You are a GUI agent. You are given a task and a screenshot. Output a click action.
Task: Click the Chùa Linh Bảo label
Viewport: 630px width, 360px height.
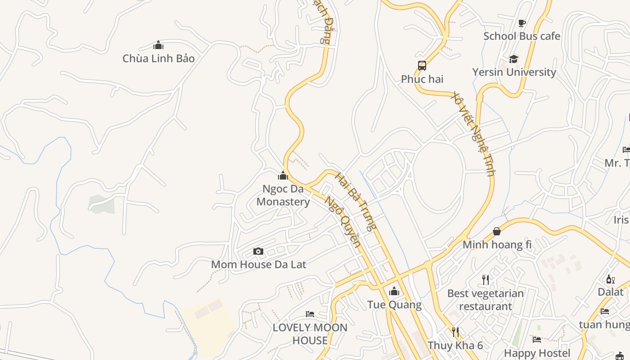pyautogui.click(x=158, y=58)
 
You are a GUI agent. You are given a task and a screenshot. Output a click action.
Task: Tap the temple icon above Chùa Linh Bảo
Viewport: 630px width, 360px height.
pyautogui.click(x=158, y=45)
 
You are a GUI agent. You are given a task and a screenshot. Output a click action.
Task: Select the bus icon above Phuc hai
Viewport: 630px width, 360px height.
pyautogui.click(x=422, y=66)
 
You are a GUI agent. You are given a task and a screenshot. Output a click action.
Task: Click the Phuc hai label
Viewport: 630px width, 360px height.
pyautogui.click(x=422, y=79)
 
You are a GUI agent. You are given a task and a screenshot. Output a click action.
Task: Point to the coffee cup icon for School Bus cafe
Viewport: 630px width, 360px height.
pyautogui.click(x=522, y=23)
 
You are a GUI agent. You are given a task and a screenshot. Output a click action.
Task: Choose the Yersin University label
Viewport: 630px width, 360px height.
pyautogui.click(x=514, y=72)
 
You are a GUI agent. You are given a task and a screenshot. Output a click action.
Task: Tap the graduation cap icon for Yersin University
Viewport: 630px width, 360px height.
pyautogui.click(x=513, y=59)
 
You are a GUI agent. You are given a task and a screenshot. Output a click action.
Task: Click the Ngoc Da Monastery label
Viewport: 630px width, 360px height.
pyautogui.click(x=283, y=195)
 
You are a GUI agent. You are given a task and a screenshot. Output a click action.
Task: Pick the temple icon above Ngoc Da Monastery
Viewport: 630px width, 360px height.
pyautogui.click(x=283, y=175)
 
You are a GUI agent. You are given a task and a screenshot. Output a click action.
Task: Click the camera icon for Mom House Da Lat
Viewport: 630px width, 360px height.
pyautogui.click(x=258, y=251)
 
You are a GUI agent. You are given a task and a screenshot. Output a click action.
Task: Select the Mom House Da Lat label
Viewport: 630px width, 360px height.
pyautogui.click(x=258, y=265)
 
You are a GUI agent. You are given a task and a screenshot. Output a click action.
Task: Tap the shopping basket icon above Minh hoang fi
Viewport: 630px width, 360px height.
pyautogui.click(x=497, y=231)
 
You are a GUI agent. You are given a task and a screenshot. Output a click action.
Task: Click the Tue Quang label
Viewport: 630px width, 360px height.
pyautogui.click(x=394, y=305)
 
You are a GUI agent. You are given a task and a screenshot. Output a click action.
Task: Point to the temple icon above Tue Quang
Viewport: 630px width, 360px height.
pyautogui.click(x=394, y=292)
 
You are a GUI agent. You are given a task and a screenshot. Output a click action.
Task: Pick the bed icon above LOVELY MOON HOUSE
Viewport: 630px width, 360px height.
pyautogui.click(x=310, y=314)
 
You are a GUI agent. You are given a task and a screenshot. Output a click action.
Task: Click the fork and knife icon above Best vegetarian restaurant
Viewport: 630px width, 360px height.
pyautogui.click(x=485, y=280)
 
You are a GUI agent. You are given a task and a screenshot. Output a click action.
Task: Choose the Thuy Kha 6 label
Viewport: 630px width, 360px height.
pyautogui.click(x=455, y=346)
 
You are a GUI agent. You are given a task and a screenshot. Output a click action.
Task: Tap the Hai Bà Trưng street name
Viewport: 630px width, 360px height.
pyautogui.click(x=355, y=201)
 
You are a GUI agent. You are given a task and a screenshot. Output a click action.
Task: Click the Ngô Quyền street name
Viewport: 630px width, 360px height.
pyautogui.click(x=342, y=221)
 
